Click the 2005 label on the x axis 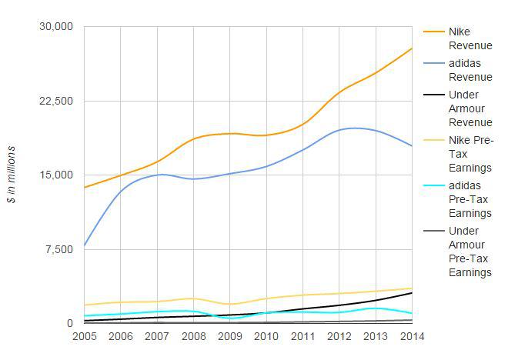coord(84,336)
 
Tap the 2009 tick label coord(230,336)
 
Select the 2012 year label coord(339,336)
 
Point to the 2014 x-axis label coord(412,336)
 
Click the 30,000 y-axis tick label coord(55,27)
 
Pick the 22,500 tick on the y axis coord(55,101)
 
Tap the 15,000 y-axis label coord(55,175)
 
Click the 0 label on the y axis coord(69,323)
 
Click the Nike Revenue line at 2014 coord(412,49)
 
